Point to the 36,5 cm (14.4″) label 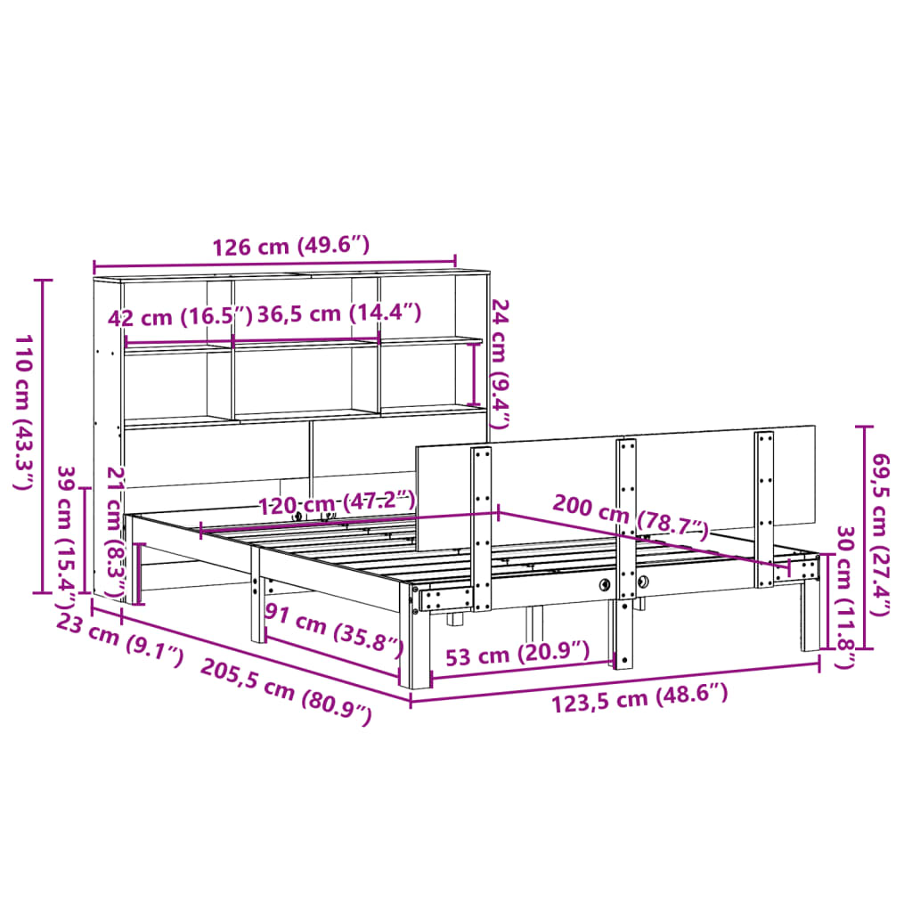pyautogui.click(x=338, y=313)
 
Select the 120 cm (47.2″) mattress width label pyautogui.click(x=337, y=503)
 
